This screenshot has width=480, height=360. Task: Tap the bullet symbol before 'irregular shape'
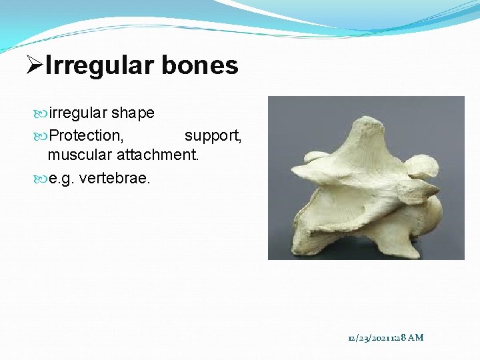41,113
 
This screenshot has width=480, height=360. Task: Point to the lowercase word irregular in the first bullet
78,113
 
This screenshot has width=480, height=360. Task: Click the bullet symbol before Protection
41,136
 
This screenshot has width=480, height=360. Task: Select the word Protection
86,136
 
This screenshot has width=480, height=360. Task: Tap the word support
213,136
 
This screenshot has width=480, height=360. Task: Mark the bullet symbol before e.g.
41,179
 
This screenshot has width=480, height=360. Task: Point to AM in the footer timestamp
415,338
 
